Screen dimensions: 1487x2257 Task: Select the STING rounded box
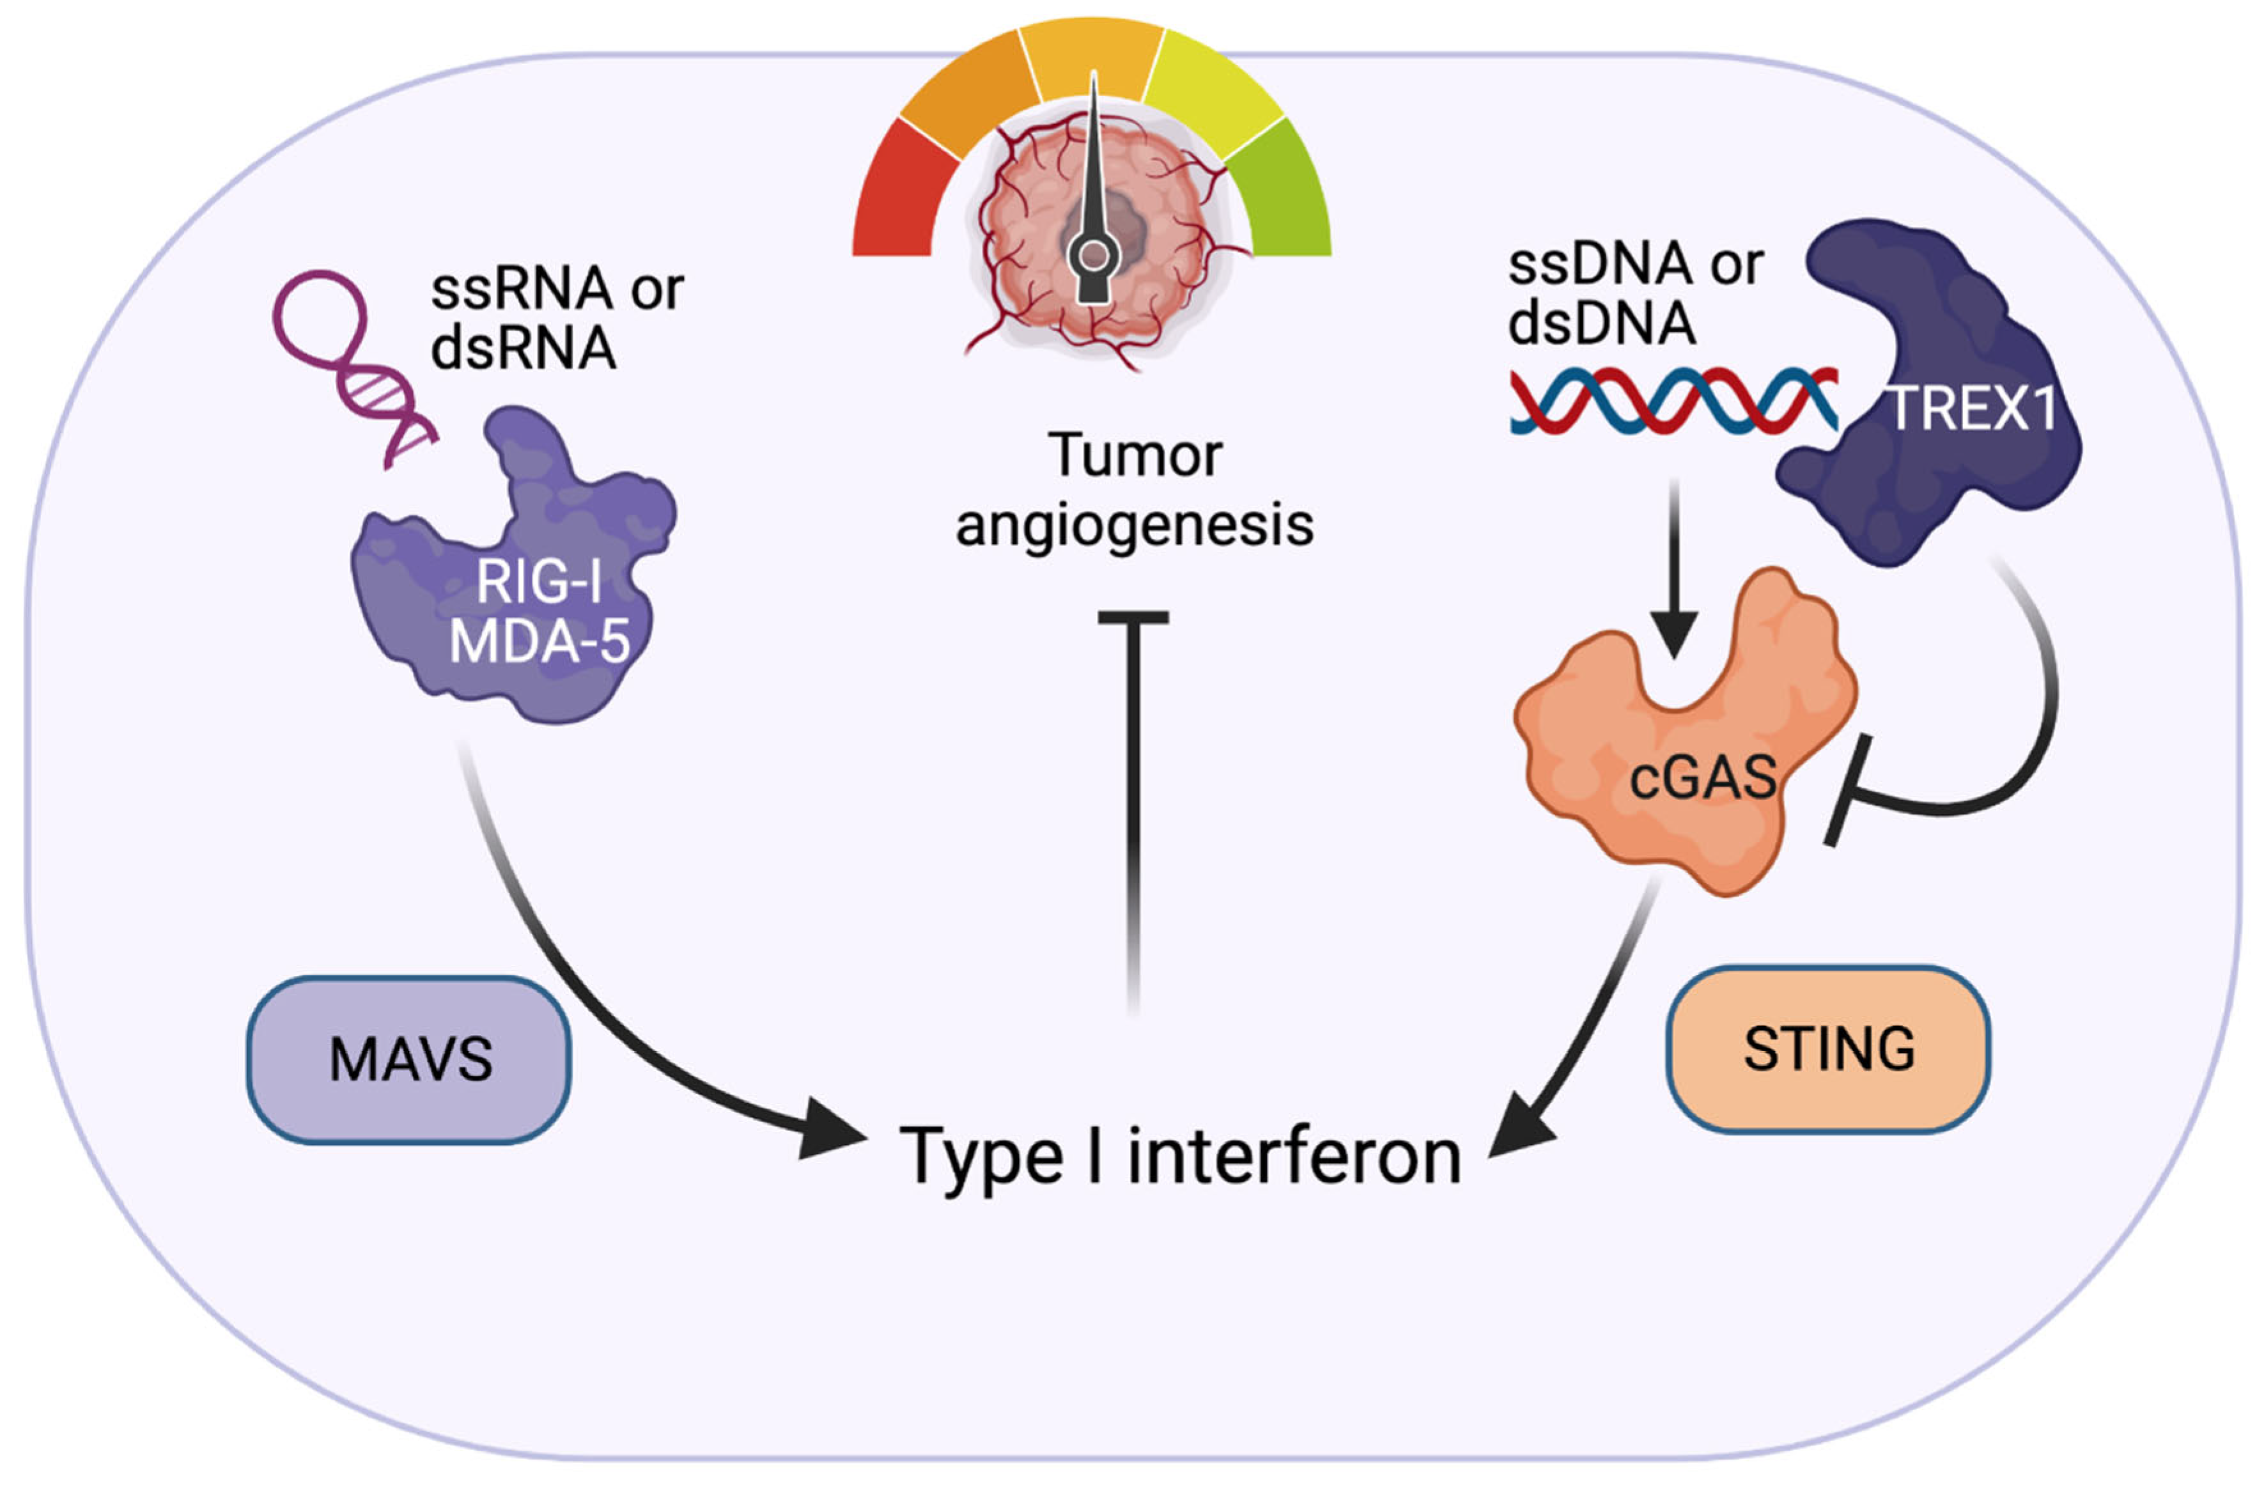1827,1049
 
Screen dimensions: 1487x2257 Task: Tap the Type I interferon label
1180,1156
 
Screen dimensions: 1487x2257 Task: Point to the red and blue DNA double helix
1674,400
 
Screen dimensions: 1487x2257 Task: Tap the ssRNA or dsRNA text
557,318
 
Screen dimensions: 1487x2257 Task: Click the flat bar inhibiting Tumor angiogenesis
1133,618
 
